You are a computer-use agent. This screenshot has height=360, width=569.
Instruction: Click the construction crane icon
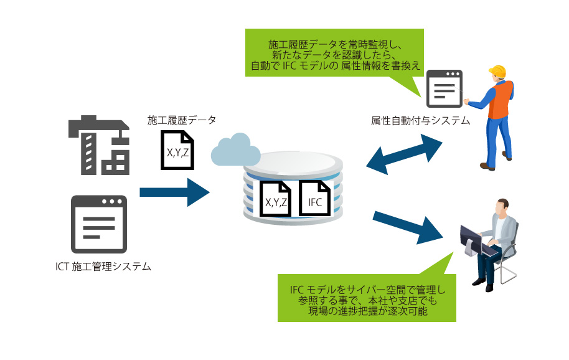100,146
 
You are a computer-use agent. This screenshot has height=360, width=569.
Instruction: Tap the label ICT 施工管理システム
103,267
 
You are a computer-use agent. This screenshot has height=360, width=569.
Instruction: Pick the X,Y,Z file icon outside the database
178,149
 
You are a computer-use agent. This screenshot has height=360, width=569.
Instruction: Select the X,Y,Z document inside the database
276,198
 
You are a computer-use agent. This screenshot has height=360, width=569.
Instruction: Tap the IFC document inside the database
316,198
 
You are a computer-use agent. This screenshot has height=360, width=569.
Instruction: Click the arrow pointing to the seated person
408,228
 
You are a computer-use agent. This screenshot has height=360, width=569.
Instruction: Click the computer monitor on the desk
471,240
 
